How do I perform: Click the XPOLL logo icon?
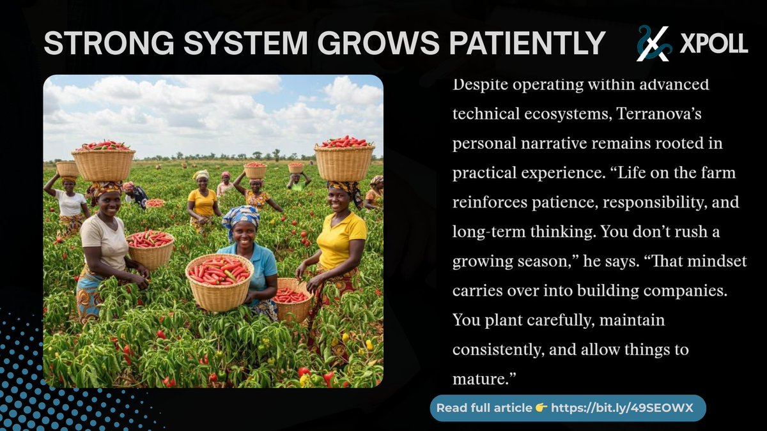653,43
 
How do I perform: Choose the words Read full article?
484,408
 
